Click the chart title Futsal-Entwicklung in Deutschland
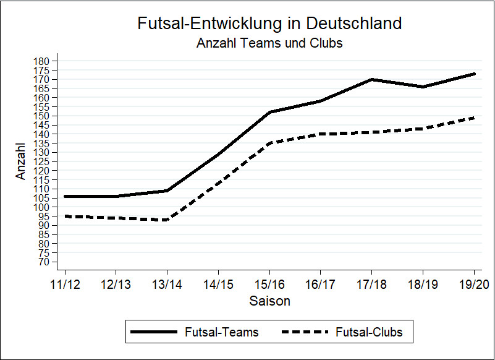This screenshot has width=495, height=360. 269,24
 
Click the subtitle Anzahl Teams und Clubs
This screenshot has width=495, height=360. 269,43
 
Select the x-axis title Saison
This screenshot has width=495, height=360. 269,302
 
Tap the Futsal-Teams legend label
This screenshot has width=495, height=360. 221,332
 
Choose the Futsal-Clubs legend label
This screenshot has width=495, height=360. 369,332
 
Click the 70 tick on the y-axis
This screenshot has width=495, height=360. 43,262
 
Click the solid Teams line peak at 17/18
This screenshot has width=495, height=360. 371,79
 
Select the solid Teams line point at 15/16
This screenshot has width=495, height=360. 269,112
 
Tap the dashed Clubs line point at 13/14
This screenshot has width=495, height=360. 167,220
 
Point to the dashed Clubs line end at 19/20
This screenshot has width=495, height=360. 473,118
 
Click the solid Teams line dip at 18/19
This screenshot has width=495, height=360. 423,87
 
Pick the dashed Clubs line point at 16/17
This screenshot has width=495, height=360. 320,134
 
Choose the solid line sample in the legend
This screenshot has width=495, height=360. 153,332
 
